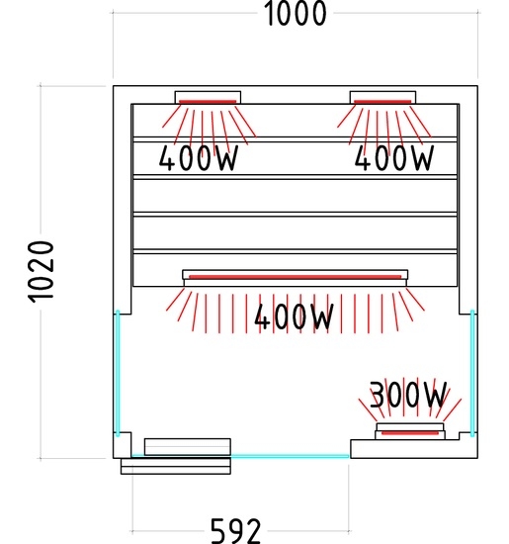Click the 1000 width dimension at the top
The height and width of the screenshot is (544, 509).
pos(296,14)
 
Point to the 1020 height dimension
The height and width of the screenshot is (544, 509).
pos(41,272)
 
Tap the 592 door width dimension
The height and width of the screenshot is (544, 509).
pos(235,531)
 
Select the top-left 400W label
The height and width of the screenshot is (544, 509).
pos(199,158)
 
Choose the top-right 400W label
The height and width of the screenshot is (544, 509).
pos(394,158)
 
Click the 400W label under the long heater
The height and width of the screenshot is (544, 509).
pos(294,317)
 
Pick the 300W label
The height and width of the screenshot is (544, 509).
pos(408,394)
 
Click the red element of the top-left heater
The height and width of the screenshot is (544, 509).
pos(208,102)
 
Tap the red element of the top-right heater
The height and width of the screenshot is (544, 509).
pos(382,102)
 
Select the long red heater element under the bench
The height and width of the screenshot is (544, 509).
pos(296,277)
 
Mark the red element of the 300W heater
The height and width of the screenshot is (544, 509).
pos(410,432)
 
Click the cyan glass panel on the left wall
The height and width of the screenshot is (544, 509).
pos(118,373)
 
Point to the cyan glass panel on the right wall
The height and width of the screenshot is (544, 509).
pos(472,373)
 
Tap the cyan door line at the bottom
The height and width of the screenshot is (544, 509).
pos(240,456)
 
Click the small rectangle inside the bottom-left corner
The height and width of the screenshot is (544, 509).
pos(188,447)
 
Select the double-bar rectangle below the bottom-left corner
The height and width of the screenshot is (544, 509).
pos(176,466)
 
